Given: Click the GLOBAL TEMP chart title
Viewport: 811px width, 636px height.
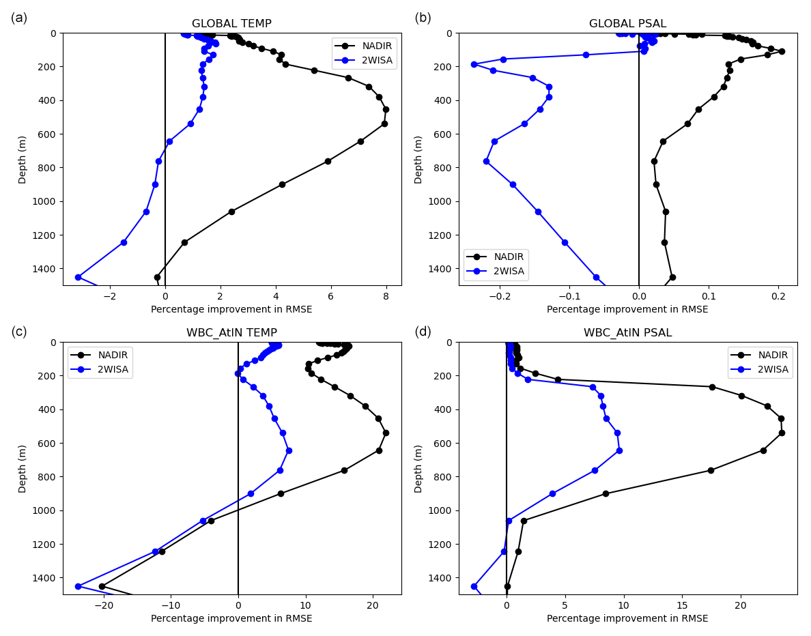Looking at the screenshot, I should pos(231,24).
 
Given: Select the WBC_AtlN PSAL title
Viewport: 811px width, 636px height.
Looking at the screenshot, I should pos(627,333).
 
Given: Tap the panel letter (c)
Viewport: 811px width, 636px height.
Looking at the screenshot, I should pos(19,332).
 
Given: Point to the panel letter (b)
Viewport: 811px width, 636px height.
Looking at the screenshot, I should pos(423,18).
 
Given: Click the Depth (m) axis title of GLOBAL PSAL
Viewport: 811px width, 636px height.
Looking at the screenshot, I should pos(418,159).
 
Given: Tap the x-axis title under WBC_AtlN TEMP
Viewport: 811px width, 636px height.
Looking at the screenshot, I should pos(231,618).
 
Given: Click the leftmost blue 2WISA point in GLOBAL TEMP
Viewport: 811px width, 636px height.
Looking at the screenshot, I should pos(78,277).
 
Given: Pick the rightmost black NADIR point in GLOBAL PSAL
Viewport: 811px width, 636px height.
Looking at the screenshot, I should pos(782,51).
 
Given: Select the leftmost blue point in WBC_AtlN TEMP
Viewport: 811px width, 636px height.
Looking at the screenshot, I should pos(78,586).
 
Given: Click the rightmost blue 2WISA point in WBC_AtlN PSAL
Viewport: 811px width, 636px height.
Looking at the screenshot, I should pos(619,450).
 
